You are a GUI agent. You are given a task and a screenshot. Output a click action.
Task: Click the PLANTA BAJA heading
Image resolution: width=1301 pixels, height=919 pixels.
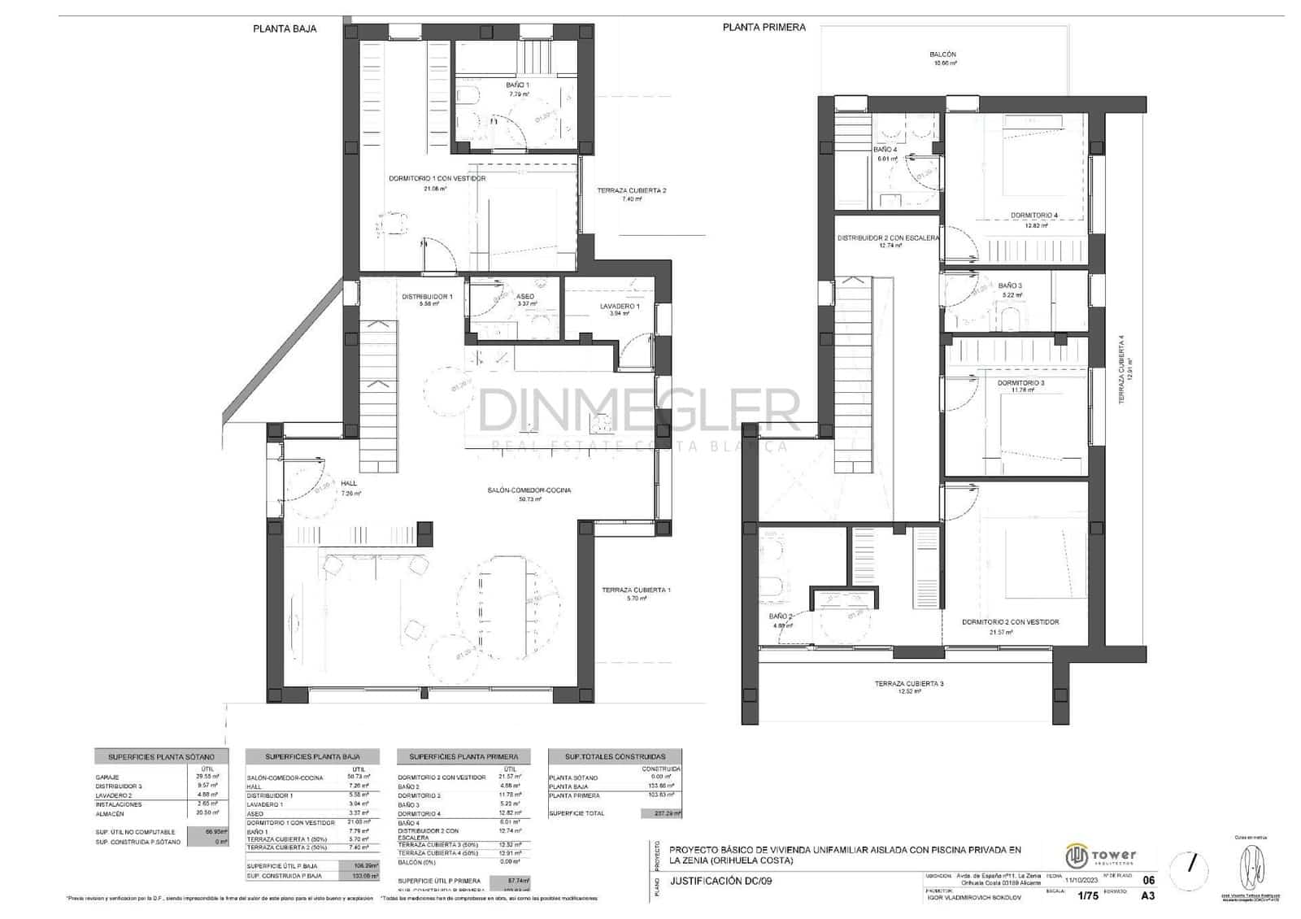click(x=285, y=28)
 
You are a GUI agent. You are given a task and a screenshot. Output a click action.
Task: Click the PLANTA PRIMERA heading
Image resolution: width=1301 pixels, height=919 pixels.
click(x=764, y=27)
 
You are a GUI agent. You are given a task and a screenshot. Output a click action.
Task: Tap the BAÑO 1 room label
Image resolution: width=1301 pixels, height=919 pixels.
click(x=517, y=85)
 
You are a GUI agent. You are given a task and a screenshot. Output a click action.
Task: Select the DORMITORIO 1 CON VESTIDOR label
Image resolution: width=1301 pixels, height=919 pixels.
click(x=437, y=178)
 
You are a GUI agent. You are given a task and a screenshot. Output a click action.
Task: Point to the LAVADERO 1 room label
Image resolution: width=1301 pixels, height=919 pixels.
click(x=620, y=307)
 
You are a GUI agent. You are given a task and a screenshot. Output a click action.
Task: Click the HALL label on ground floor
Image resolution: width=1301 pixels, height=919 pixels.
click(x=349, y=483)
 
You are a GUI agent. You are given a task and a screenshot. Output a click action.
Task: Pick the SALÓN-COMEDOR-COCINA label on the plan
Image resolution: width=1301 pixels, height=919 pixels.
click(x=529, y=490)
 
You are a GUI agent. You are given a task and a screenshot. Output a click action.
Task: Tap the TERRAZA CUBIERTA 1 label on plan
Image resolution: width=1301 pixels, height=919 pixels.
click(x=636, y=590)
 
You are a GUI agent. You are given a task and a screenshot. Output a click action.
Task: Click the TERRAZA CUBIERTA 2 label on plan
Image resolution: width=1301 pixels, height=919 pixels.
click(x=631, y=190)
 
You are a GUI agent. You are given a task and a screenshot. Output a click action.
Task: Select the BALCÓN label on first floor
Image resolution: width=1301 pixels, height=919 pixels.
click(x=942, y=54)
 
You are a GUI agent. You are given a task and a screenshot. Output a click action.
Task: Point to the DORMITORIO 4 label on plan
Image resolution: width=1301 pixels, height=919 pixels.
click(x=1034, y=216)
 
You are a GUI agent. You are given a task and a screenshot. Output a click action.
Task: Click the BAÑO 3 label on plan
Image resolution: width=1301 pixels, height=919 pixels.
click(x=1010, y=285)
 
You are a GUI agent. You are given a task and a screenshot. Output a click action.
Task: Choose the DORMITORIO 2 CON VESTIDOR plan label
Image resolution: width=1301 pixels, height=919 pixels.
click(x=1010, y=621)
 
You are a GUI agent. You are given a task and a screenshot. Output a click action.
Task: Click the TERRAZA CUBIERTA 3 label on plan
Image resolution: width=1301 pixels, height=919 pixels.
click(x=908, y=683)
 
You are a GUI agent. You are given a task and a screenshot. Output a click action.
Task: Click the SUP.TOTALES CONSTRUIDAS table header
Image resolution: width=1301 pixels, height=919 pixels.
click(x=615, y=756)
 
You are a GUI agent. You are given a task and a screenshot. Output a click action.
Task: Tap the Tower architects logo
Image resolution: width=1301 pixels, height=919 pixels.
click(x=1101, y=856)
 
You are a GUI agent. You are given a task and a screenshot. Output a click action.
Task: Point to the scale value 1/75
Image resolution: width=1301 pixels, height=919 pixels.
click(x=1086, y=896)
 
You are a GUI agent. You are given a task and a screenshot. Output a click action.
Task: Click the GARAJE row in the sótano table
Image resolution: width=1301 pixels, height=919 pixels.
click(x=107, y=777)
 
